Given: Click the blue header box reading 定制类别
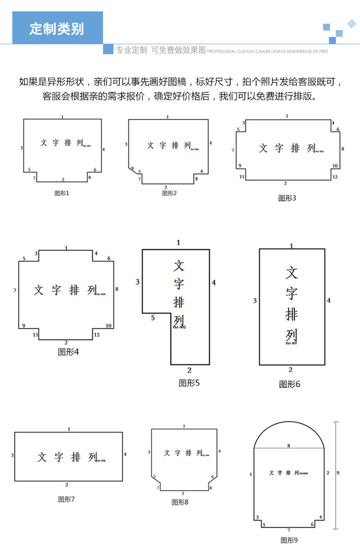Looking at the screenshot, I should [57, 28].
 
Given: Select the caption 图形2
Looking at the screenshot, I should [169, 193].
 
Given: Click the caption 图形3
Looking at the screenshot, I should [288, 198].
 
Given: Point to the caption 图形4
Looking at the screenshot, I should [68, 352].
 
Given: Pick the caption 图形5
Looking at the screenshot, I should [189, 383].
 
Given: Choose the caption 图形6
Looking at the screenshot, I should [289, 384].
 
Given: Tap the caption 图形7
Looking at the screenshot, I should [66, 499].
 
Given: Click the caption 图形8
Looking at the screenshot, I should [180, 502].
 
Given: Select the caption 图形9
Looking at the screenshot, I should [289, 540].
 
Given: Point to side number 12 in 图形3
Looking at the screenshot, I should [335, 177].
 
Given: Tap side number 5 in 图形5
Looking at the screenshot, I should [153, 318].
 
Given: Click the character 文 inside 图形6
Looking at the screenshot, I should [292, 273].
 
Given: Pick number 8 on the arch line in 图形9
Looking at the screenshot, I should [288, 445].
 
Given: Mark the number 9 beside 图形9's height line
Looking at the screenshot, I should [338, 473].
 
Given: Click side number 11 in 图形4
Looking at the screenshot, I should [36, 335].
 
